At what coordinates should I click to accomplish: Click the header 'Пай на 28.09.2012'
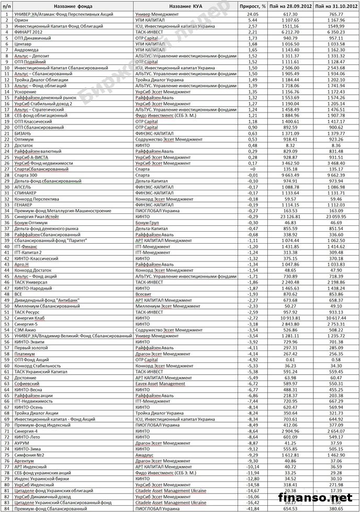290,5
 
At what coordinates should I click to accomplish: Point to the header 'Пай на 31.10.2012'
336,5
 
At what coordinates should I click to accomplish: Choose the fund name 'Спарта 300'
26,175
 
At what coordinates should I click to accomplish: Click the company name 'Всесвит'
144,294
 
